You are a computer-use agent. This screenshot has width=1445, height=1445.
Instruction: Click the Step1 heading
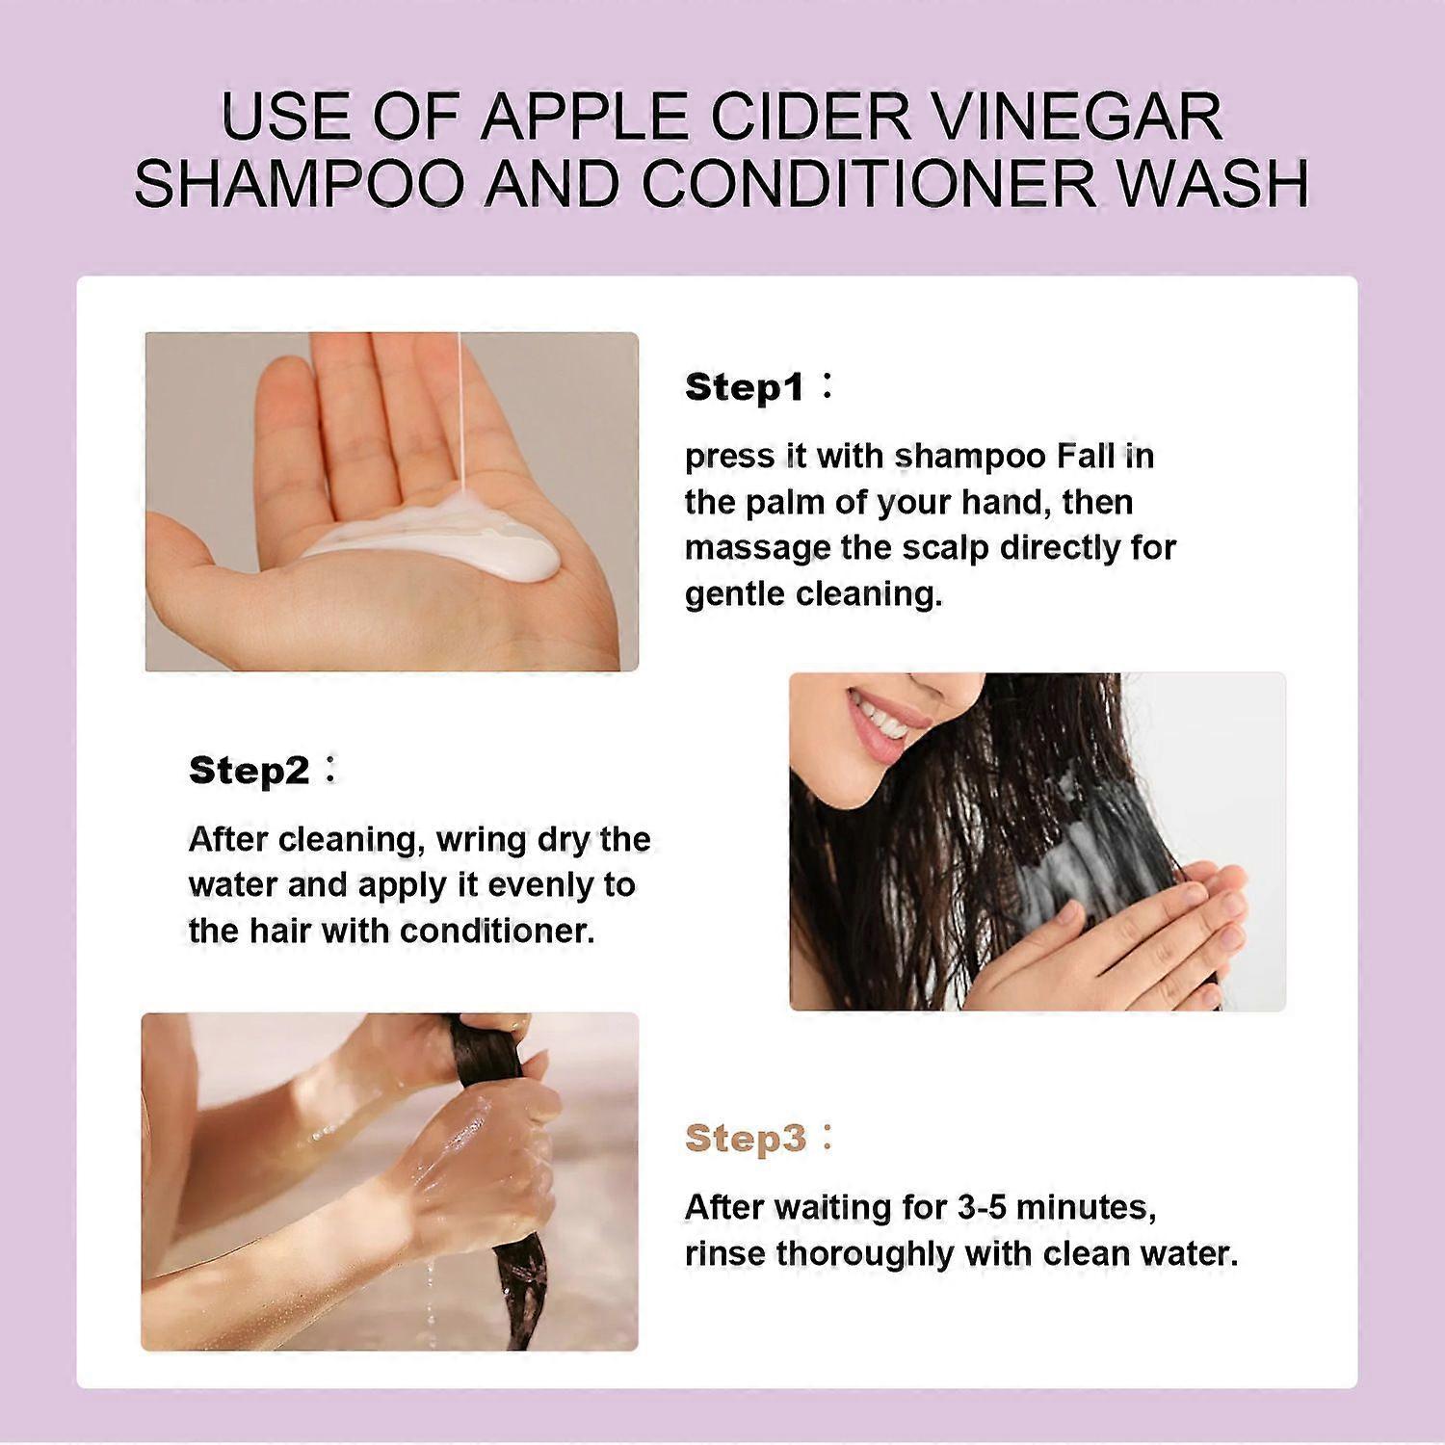coord(744,387)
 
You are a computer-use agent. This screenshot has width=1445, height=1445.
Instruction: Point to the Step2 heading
coord(249,771)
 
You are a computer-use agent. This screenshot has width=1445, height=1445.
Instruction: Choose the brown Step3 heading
coord(745,1139)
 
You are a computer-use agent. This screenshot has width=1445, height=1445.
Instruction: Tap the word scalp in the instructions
coord(945,547)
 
